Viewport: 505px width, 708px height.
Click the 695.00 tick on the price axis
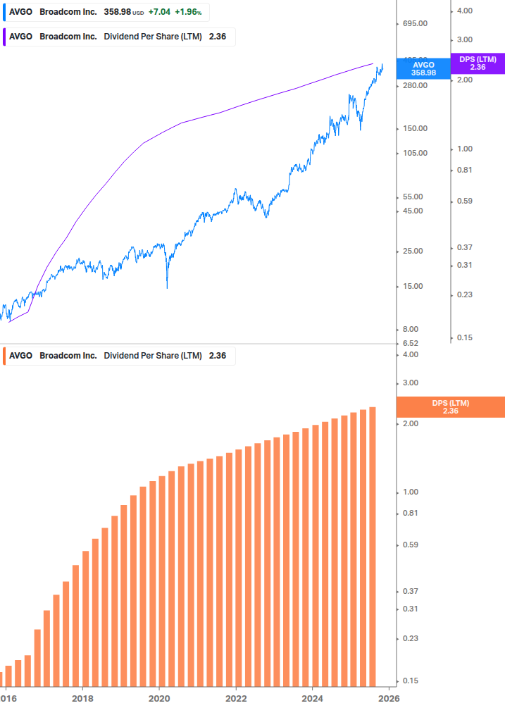tap(413, 24)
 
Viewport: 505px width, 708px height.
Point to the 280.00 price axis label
tap(413, 85)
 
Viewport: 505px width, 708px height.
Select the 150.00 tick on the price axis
tap(413, 128)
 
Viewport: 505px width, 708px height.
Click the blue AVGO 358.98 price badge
tap(423, 68)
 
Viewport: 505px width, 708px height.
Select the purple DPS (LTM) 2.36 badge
tap(478, 63)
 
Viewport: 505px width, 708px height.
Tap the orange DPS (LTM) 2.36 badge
tap(450, 406)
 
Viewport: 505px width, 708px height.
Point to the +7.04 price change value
tap(158, 12)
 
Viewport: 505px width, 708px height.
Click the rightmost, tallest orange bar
tap(372, 549)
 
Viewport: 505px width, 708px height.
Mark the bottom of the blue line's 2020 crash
tap(167, 287)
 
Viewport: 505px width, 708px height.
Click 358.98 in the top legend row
tap(117, 12)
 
